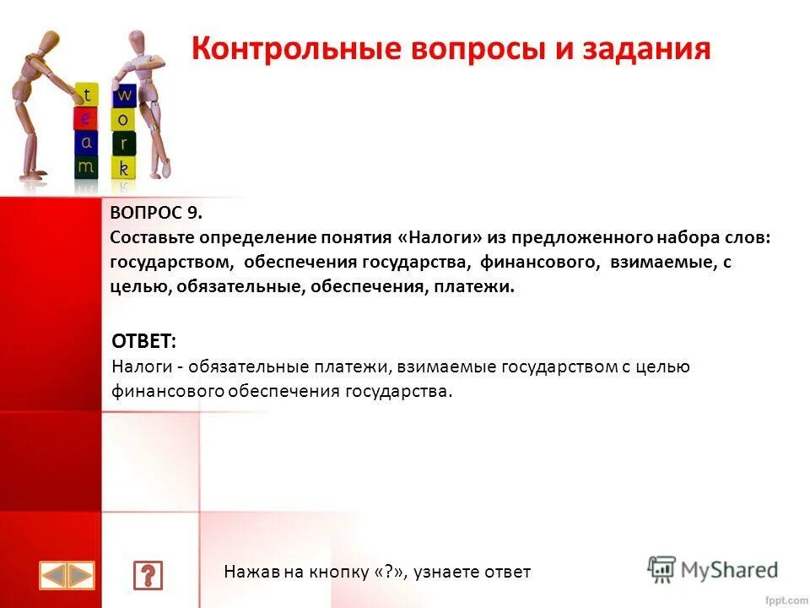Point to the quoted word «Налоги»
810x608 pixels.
tap(442, 238)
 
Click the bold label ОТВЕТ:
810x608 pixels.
tap(144, 342)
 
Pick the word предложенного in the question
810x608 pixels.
tap(576, 238)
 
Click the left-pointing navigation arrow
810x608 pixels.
tap(54, 576)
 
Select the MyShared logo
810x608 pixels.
tap(713, 570)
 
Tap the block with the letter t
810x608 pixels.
tap(88, 95)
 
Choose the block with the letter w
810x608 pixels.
tap(124, 93)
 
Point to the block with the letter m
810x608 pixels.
tap(86, 166)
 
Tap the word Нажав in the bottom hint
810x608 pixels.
tap(246, 573)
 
